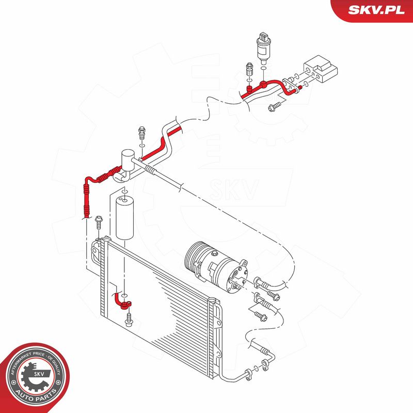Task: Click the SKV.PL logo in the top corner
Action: click(376, 10)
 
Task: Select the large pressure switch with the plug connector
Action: click(263, 48)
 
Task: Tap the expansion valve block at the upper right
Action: click(321, 69)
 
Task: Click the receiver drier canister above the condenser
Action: click(124, 217)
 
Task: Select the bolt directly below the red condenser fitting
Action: click(129, 320)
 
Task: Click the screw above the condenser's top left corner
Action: click(99, 223)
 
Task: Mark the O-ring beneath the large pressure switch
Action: click(263, 69)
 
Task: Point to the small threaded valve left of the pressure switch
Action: click(249, 69)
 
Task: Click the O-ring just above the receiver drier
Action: click(125, 191)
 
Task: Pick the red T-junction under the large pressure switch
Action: click(263, 85)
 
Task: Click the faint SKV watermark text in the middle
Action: click(234, 189)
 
